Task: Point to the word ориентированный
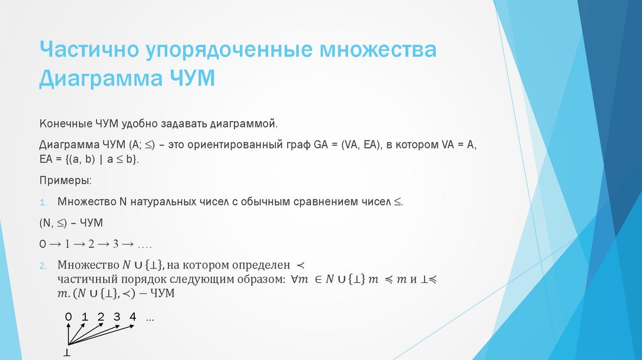pos(237,145)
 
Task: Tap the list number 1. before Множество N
pos(44,203)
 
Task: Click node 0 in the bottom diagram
pos(68,317)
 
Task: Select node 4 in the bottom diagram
pos(132,317)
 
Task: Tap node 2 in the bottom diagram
pos(100,317)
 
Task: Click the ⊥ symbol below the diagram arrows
pos(66,354)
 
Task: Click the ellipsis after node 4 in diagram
pos(149,319)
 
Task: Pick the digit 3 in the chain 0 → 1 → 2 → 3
pos(116,244)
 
